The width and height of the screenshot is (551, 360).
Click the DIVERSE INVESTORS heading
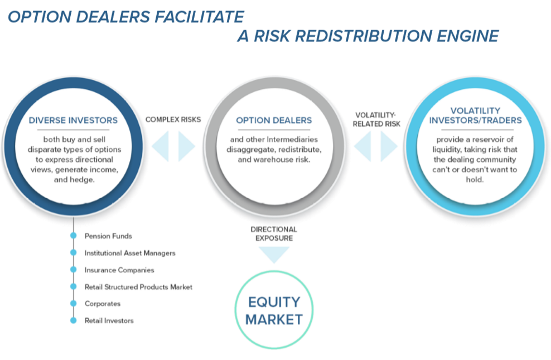(x=73, y=120)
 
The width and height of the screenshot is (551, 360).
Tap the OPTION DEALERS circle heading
(x=274, y=120)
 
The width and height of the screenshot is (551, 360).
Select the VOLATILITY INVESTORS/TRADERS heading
(x=475, y=116)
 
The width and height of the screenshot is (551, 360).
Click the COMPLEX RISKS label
(x=173, y=119)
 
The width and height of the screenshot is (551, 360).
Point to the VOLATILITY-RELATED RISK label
(x=376, y=119)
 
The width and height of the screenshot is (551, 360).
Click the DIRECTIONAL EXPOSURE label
(x=274, y=234)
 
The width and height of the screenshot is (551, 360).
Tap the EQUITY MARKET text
(x=274, y=311)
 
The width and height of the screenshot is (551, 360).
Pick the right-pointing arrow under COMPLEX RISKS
(x=187, y=146)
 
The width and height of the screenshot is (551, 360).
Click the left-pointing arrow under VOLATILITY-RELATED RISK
(x=362, y=146)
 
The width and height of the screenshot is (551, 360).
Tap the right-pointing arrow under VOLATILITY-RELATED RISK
(x=389, y=146)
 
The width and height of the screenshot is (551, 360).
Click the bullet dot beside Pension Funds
(x=74, y=236)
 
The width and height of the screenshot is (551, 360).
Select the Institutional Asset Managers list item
(x=130, y=253)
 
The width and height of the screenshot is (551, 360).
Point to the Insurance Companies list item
(x=119, y=270)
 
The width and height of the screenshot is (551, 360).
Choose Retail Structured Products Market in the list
(x=138, y=287)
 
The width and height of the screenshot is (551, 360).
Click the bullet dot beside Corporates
(x=74, y=304)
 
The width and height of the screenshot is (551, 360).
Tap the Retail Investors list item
(x=109, y=320)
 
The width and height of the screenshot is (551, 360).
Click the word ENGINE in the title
(x=468, y=36)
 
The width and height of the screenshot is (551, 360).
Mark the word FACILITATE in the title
(x=199, y=17)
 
